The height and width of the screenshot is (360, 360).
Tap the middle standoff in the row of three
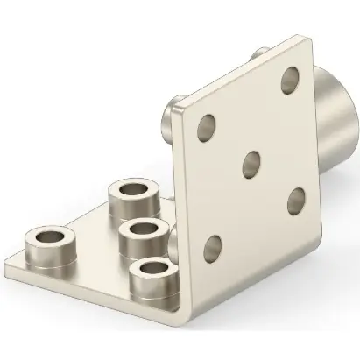pyautogui.click(x=142, y=236)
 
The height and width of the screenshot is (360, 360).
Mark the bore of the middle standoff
pyautogui.click(x=142, y=229)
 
